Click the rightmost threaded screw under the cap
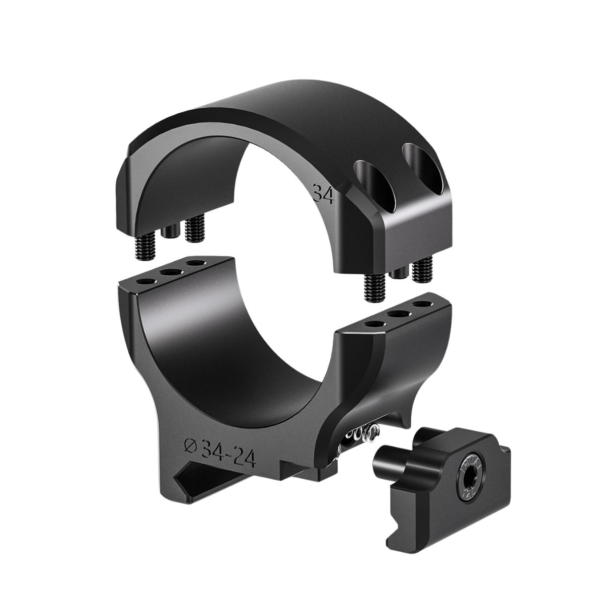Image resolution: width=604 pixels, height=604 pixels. [x=423, y=270]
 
